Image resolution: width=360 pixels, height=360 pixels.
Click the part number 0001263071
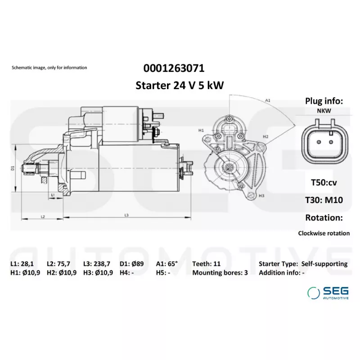click(174, 68)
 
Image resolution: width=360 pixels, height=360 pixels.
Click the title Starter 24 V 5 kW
click(180, 85)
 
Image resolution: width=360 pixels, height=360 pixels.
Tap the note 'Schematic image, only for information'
click(49, 67)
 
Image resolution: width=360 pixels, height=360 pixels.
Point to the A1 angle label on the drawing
click(268, 100)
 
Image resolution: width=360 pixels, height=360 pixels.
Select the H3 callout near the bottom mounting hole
click(261, 196)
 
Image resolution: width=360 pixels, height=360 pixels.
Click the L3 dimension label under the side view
click(126, 215)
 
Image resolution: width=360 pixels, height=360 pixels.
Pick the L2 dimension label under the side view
click(43, 216)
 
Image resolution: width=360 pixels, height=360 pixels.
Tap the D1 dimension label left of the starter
click(13, 168)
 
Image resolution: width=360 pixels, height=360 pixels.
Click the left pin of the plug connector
click(319, 142)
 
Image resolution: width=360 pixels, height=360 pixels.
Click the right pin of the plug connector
click(331, 142)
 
